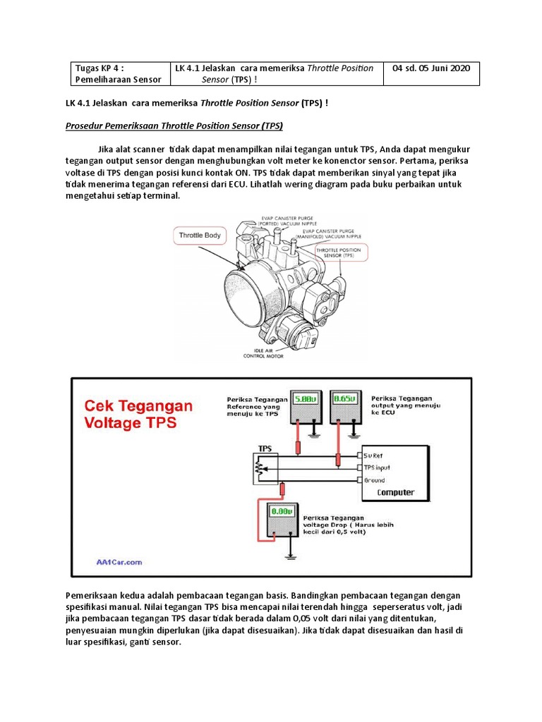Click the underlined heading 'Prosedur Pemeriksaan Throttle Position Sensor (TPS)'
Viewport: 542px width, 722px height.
pos(174,126)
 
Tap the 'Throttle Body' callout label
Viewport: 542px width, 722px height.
pos(200,235)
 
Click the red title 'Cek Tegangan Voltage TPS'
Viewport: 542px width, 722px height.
pos(138,415)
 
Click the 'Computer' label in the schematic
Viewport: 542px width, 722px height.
pos(395,492)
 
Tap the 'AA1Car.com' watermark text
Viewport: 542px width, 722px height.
pos(119,562)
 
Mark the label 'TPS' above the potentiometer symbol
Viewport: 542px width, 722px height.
pos(265,448)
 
